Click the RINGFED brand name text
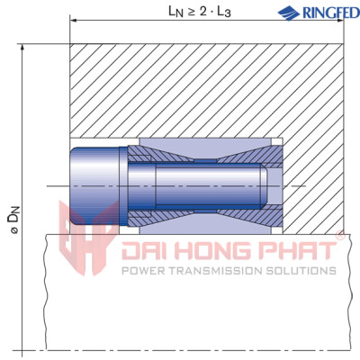click(322, 13)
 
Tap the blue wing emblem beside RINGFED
click(288, 13)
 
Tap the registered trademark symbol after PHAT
click(339, 237)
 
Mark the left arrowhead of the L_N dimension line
click(73, 21)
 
